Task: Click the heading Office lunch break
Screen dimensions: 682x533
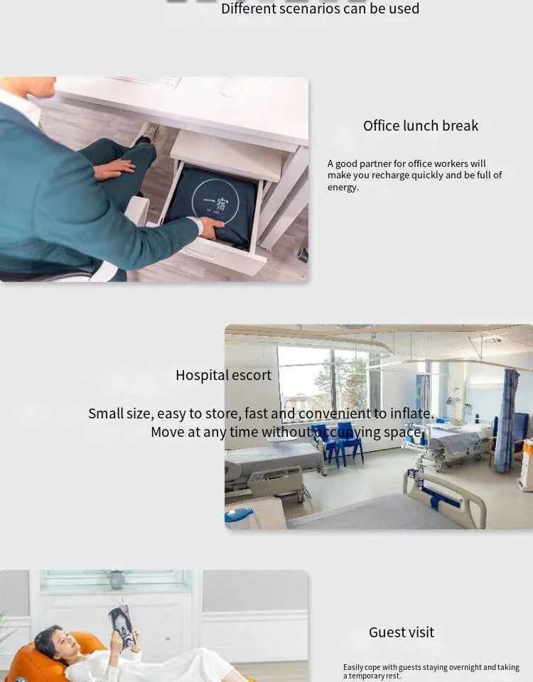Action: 421,126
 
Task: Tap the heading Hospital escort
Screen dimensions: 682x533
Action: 223,375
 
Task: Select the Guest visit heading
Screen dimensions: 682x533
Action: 401,632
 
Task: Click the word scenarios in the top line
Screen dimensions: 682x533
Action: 318,9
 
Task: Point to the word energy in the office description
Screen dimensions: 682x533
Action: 343,188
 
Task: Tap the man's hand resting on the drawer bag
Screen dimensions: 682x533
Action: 211,227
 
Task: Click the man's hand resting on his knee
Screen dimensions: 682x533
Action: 114,169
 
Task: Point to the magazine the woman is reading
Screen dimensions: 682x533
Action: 122,624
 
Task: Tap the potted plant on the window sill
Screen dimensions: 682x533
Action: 117,579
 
